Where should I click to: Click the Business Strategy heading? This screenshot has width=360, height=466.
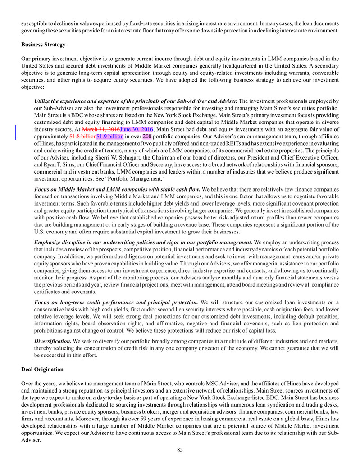pos(43,45)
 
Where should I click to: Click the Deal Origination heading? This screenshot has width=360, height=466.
pos(42,370)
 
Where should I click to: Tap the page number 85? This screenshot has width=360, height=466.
pos(180,449)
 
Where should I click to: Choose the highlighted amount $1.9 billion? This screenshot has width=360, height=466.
pos(110,136)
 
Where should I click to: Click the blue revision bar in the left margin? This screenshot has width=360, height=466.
pos(16,132)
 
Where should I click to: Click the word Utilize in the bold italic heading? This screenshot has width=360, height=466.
pos(43,101)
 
